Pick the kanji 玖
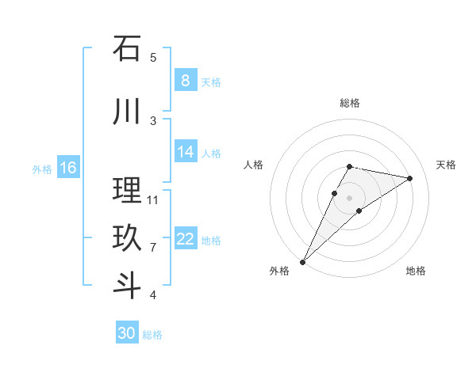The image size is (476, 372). pos(127,238)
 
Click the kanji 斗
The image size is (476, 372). pos(127,285)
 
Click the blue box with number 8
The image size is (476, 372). pos(185,81)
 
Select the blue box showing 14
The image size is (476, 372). pos(185,152)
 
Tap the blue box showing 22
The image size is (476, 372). pos(185,239)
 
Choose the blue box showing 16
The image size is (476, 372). pos(67,168)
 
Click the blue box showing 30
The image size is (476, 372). pos(127,333)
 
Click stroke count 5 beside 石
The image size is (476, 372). pos(153,57)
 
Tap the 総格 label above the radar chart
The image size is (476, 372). pos(350,103)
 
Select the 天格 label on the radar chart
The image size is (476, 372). pos(447,165)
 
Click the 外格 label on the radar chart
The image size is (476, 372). pos(279,271)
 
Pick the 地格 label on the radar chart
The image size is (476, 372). pos(416,271)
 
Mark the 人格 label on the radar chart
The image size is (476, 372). pos(254,165)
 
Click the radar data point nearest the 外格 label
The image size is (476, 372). pos(303,261)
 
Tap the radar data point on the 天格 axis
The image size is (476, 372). pos(410,178)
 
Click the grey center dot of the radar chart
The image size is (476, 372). pos(350,198)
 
